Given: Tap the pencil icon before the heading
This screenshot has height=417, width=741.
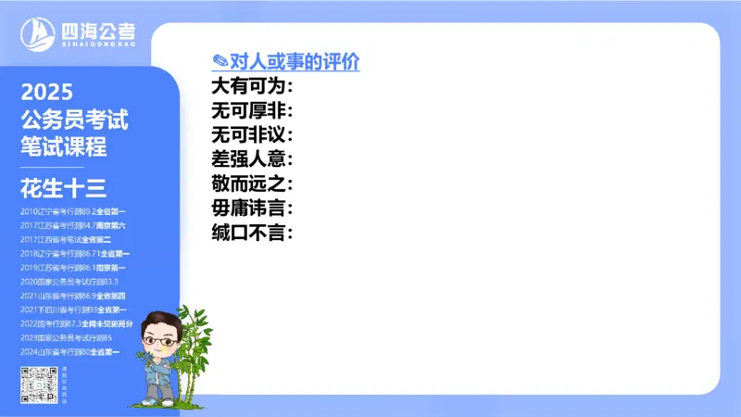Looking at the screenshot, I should (220, 62).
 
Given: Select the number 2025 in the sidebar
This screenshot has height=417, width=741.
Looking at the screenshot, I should (46, 93).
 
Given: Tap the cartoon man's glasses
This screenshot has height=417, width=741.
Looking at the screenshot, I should (161, 342).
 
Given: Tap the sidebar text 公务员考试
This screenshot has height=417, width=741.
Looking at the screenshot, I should (74, 120).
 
